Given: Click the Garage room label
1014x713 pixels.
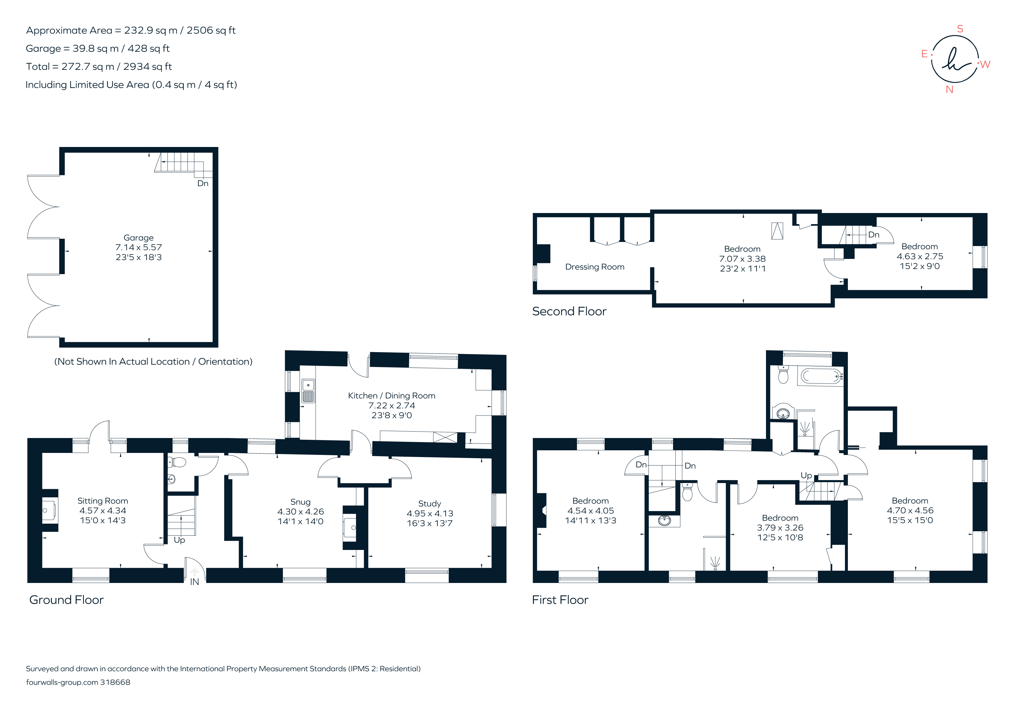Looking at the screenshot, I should point(138,238).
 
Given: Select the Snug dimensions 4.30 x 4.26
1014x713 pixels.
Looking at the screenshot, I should point(300,512).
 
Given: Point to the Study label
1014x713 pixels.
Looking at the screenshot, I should point(429,503).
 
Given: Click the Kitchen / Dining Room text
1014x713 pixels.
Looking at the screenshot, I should point(391,396).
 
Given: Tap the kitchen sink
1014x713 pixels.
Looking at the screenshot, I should point(308,390).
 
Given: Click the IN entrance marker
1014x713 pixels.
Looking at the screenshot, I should point(194,582).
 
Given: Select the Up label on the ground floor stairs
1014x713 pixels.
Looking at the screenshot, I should point(179,540).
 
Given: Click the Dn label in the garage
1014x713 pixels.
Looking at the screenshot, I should point(203,184).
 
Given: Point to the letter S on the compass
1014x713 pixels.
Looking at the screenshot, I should point(960,29).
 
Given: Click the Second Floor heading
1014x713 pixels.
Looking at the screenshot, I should point(569,311).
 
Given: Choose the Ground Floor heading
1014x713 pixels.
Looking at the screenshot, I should point(66,600).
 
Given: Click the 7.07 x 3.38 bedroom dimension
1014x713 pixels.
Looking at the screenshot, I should point(742,259).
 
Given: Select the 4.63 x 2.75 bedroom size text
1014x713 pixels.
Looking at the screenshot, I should point(920,256).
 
